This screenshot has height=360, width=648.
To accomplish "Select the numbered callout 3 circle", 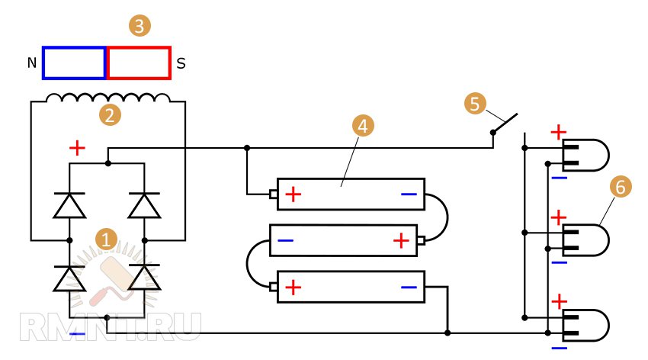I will pos(139,27).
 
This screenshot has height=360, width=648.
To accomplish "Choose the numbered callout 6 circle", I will pos(619,186).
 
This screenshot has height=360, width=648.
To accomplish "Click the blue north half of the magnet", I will pos(74,63).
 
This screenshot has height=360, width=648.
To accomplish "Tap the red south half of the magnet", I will pos(138,63).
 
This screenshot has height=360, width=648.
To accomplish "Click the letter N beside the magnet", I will pos(31,64).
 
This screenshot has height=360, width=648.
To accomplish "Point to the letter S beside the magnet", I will pos(181,64).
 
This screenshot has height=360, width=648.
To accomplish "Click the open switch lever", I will pos(505,123).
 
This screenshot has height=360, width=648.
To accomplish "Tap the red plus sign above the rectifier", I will pos(77,148).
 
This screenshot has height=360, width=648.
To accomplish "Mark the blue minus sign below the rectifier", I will pos(77,334).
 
